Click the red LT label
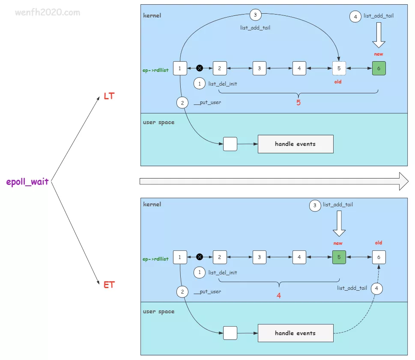tap(109, 96)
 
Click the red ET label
tap(109, 285)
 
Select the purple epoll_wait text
tap(27, 181)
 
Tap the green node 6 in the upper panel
tap(379, 68)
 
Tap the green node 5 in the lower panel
tap(339, 257)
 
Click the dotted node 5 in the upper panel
tap(339, 68)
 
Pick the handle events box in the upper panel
tap(295, 144)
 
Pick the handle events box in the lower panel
tap(295, 333)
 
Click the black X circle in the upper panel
tap(200, 68)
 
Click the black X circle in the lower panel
tap(200, 257)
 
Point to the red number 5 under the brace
tap(299, 103)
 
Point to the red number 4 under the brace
tap(279, 295)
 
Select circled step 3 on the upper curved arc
tap(255, 15)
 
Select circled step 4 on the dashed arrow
tap(376, 289)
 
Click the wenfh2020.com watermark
tap(47, 12)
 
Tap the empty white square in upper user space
tap(230, 144)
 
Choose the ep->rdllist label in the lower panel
tap(155, 259)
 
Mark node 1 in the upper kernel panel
tap(180, 68)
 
